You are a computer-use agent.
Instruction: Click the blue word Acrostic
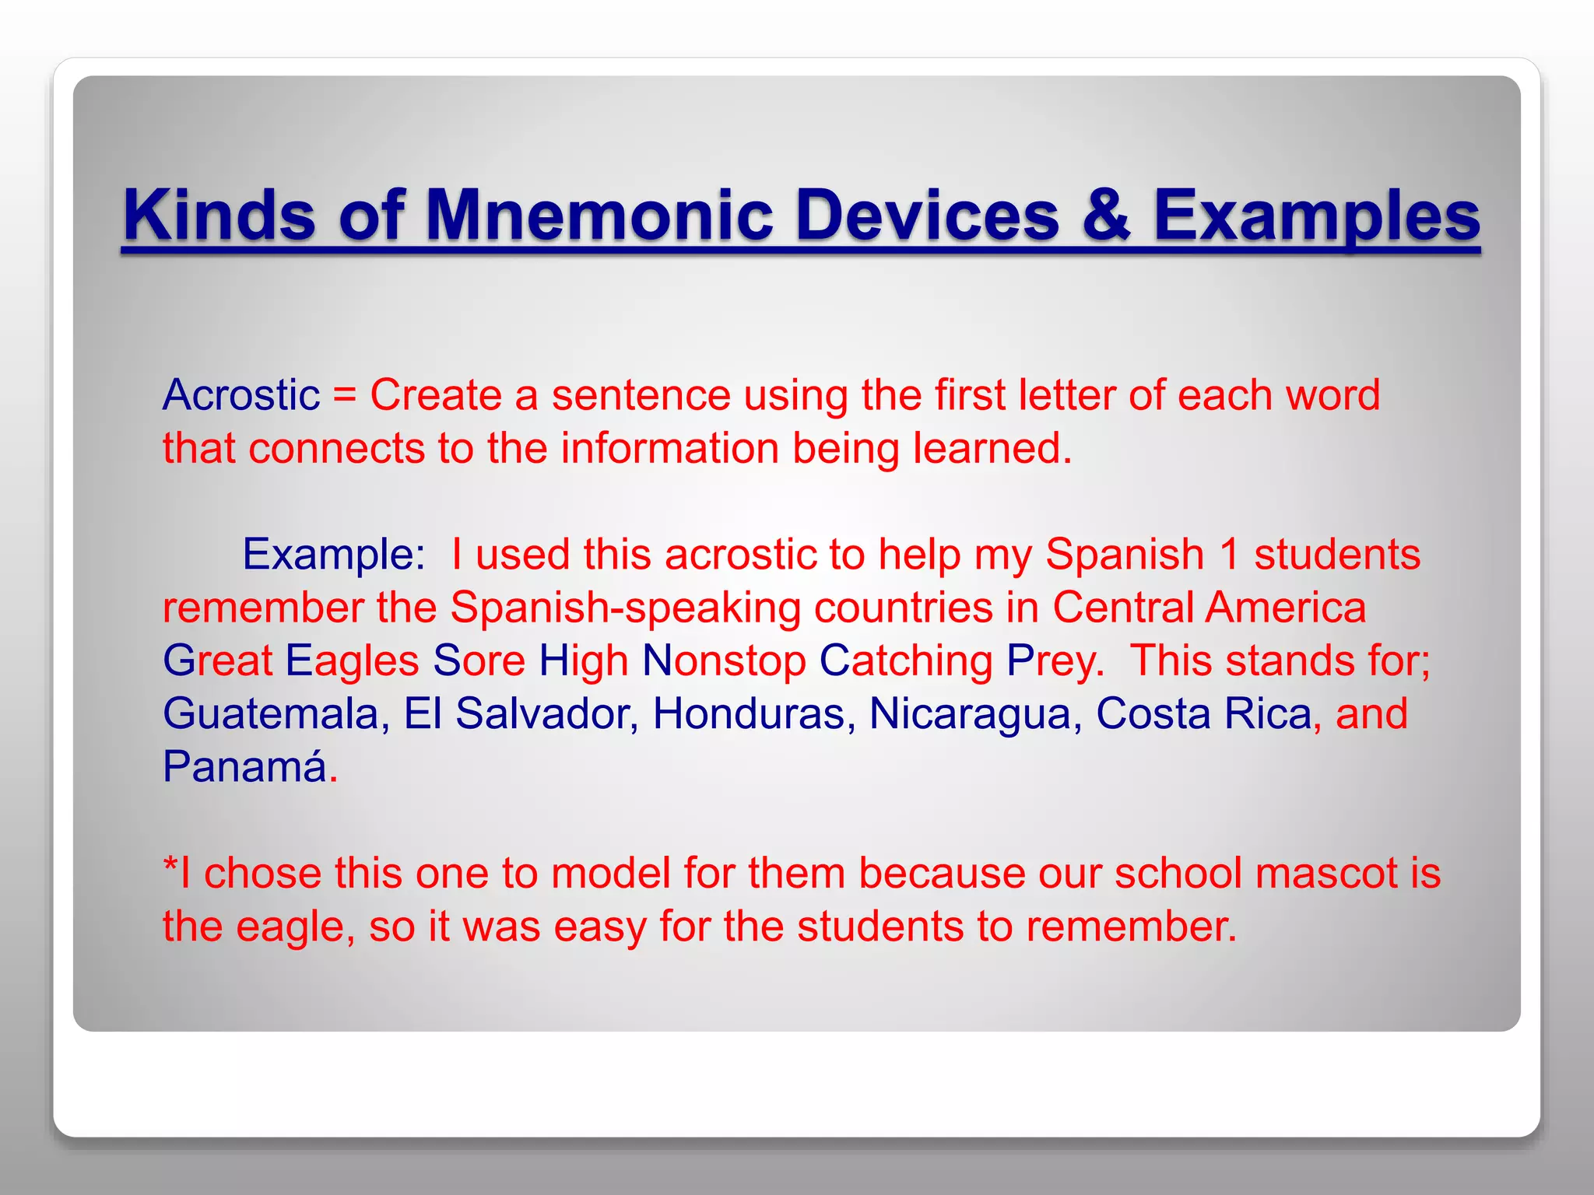241,394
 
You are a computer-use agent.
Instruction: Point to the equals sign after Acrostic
344,395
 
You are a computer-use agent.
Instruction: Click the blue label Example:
334,555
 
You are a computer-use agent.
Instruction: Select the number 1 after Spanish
1229,555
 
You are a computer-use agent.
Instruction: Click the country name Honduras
749,713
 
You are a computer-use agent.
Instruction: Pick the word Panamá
244,766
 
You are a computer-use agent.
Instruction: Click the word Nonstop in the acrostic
724,661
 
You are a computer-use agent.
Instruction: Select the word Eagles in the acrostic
353,661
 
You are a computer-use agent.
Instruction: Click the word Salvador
542,713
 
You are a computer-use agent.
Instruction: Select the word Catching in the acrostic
906,661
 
